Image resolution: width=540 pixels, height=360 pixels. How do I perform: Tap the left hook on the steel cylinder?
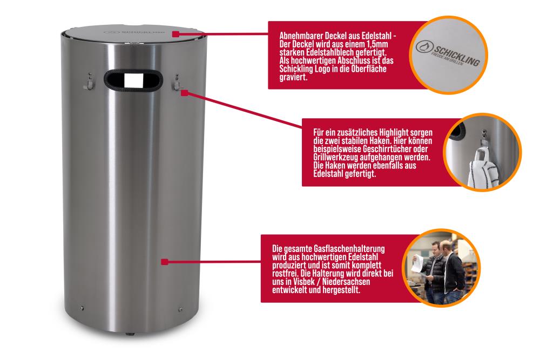point(89,82)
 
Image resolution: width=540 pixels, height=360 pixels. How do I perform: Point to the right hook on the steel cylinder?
point(177,83)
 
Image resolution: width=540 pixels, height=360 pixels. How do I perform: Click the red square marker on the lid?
point(175,34)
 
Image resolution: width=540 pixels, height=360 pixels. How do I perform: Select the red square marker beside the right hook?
point(185,93)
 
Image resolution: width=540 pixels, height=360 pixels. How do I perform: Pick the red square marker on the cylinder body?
point(165,262)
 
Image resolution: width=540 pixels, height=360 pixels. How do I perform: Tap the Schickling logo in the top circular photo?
point(448,53)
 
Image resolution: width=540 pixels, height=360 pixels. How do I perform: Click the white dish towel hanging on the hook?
point(482,168)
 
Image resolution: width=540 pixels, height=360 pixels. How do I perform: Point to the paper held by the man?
point(418,263)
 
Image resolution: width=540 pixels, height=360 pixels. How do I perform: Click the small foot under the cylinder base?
point(130,334)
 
